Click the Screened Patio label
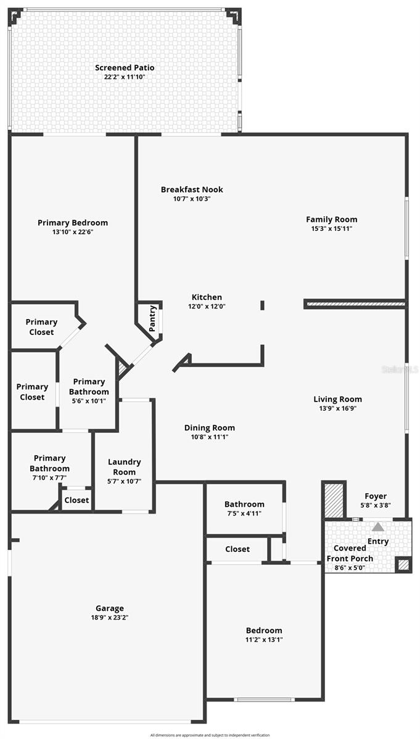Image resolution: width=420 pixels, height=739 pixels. [125, 68]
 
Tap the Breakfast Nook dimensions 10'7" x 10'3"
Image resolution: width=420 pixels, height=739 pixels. [192, 198]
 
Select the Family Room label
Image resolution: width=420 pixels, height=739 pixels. [331, 219]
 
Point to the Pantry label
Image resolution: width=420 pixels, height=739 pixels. [152, 318]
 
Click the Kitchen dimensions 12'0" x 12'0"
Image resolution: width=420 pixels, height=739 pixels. [207, 306]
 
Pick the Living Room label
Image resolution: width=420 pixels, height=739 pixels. [338, 399]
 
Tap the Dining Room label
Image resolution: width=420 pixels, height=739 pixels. [210, 427]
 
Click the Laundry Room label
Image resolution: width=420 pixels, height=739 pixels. [124, 467]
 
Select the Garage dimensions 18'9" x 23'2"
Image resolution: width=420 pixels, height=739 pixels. [110, 618]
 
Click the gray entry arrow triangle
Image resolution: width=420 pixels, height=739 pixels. [378, 527]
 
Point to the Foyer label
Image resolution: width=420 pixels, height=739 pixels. [376, 496]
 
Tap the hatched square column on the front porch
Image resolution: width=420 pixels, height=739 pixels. [403, 565]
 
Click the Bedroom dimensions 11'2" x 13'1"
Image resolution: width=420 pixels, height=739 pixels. [264, 639]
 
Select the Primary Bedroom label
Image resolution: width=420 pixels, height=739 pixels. [73, 223]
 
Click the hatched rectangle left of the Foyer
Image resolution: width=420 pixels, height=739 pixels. [334, 500]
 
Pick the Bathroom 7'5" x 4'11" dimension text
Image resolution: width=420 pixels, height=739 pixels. [244, 514]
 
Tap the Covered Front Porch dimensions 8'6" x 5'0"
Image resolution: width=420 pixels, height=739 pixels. [350, 567]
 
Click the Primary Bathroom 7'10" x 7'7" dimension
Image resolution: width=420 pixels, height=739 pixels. [49, 478]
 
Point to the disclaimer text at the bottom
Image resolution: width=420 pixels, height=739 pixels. [210, 735]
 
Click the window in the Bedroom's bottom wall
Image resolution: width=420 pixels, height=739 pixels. [265, 699]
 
